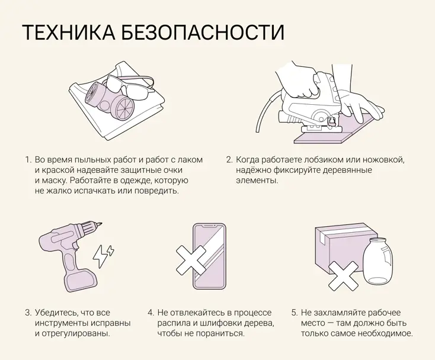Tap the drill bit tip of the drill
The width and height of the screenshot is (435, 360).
99,224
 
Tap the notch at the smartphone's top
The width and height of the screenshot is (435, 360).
209,228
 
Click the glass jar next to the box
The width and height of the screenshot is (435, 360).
377,261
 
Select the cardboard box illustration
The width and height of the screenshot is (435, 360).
338,246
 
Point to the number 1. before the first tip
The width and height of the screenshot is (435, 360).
27,160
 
